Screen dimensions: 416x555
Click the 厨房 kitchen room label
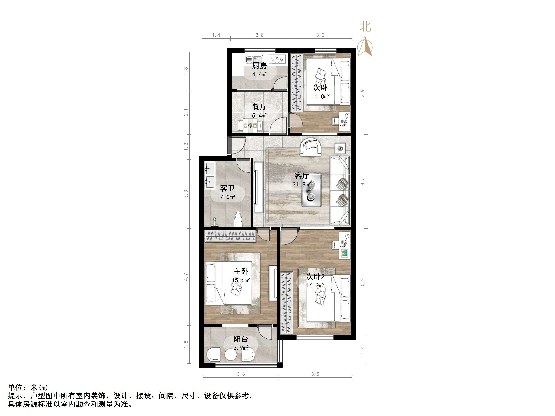pyautogui.click(x=260, y=66)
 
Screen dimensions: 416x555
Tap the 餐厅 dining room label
pyautogui.click(x=260, y=107)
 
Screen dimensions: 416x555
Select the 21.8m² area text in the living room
pyautogui.click(x=302, y=184)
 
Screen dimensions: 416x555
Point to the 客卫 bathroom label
pyautogui.click(x=227, y=188)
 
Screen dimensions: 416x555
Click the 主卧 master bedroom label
pyautogui.click(x=241, y=271)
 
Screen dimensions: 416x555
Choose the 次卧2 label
pyautogui.click(x=315, y=277)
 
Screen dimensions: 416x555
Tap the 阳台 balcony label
pyautogui.click(x=241, y=339)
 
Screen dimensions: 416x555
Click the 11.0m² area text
pyautogui.click(x=320, y=96)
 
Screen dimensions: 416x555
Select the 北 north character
pyautogui.click(x=365, y=27)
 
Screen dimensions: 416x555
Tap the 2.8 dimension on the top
pyautogui.click(x=260, y=35)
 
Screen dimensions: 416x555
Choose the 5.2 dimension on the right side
pyautogui.click(x=362, y=282)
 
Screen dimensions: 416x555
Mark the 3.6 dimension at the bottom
pyautogui.click(x=241, y=374)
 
